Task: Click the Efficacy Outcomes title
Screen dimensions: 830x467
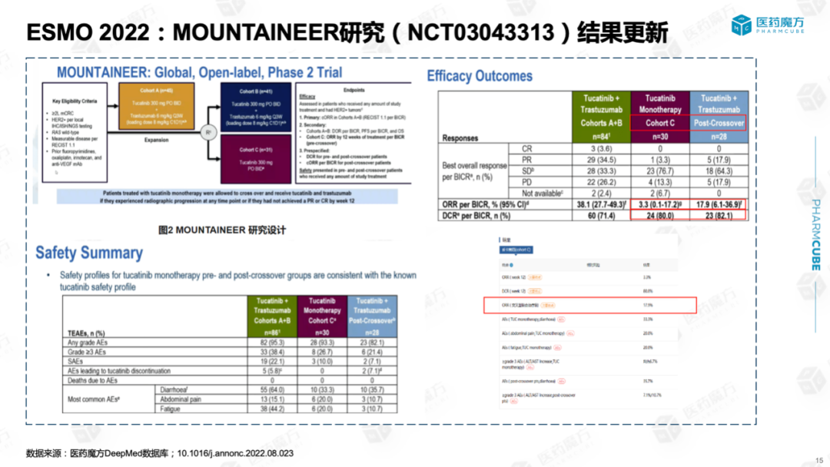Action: (x=480, y=76)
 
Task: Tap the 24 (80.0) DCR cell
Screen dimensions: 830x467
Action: (x=659, y=217)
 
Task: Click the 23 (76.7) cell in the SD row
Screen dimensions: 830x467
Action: (x=659, y=171)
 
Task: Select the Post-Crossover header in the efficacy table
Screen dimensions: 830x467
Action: (x=719, y=123)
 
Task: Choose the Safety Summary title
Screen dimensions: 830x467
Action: (x=89, y=253)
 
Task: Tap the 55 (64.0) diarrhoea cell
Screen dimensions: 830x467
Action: (x=274, y=389)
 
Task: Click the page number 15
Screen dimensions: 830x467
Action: (x=818, y=459)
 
